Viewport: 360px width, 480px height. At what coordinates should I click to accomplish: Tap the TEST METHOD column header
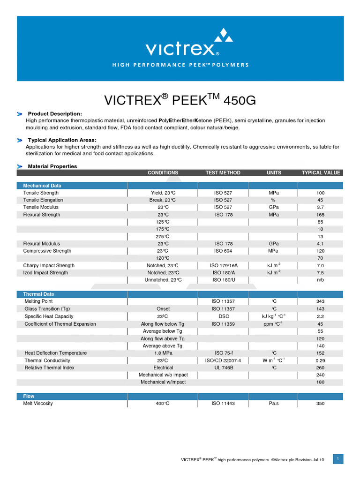coord(223,172)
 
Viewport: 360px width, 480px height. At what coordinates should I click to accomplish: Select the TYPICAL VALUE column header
coord(321,172)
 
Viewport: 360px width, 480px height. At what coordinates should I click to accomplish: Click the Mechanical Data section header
coord(42,186)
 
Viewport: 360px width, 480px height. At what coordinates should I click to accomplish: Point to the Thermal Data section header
coord(38,294)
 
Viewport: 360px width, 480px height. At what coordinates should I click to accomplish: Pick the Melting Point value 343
coord(321,301)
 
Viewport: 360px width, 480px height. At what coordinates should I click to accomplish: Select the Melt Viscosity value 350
coord(321,403)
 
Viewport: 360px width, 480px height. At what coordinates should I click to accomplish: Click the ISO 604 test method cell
coord(223,251)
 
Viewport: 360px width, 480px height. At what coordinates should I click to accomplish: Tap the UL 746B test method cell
coord(223,367)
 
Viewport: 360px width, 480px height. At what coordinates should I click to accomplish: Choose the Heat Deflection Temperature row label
coord(56,353)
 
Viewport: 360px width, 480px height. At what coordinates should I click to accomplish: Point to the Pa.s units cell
coord(274,403)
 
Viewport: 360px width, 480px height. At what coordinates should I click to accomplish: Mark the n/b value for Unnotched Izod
coord(321,280)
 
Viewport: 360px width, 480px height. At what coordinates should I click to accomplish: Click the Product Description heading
coord(55,114)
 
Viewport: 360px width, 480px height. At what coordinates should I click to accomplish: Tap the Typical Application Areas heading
coord(62,140)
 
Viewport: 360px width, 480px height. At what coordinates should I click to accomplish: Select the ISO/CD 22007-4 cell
coord(223,360)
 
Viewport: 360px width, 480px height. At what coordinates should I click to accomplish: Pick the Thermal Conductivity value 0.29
coord(321,360)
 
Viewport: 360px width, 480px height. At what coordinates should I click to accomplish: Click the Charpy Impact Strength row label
coord(49,265)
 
